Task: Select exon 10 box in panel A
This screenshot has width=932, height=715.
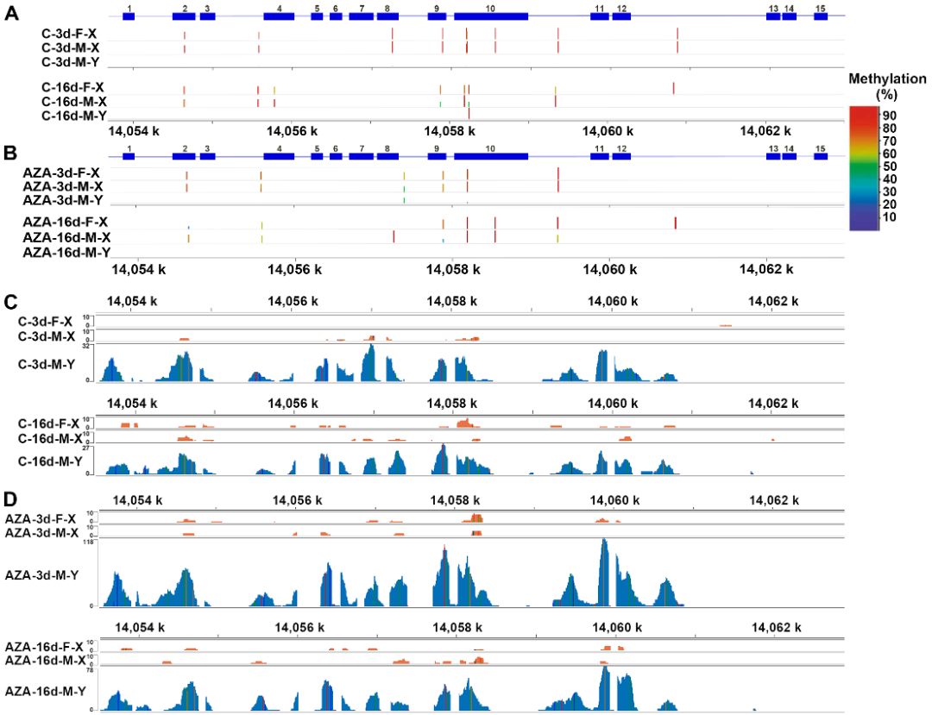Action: click(490, 17)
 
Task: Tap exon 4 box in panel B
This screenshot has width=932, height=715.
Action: click(279, 156)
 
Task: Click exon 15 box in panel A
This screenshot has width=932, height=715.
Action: click(820, 17)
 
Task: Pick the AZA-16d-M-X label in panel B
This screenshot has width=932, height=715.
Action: click(66, 237)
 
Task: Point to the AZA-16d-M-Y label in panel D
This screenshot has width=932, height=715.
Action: click(45, 691)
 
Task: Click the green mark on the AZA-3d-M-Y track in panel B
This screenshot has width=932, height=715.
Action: click(404, 200)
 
